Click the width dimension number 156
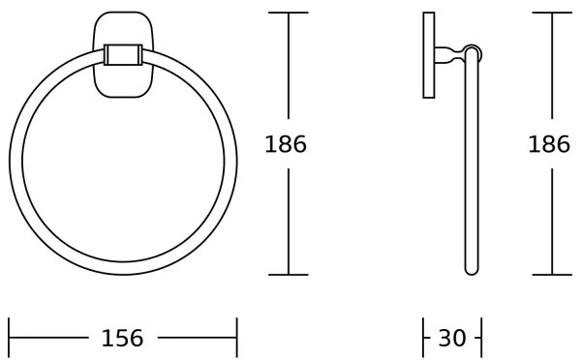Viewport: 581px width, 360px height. pos(122,338)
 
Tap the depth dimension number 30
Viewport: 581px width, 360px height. pos(452,338)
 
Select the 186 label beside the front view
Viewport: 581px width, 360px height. pos(286,145)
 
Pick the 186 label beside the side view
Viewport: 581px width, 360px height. pos(549,145)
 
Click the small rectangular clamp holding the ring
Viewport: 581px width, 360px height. pos(122,54)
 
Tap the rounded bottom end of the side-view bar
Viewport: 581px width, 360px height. pos(472,270)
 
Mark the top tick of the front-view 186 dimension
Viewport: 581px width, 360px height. pos(289,13)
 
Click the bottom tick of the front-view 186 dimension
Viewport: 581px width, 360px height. pos(289,275)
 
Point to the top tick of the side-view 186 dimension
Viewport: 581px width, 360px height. pos(552,13)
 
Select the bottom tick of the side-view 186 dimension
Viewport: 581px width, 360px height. pos(552,275)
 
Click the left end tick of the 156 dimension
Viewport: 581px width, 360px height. pos(9,338)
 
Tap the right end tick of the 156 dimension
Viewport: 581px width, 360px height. pos(236,338)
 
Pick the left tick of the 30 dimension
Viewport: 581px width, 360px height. pos(424,338)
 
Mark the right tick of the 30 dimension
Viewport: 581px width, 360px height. pos(481,338)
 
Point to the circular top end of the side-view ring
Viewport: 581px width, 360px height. pos(473,52)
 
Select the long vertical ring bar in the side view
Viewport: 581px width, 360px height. pos(472,165)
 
